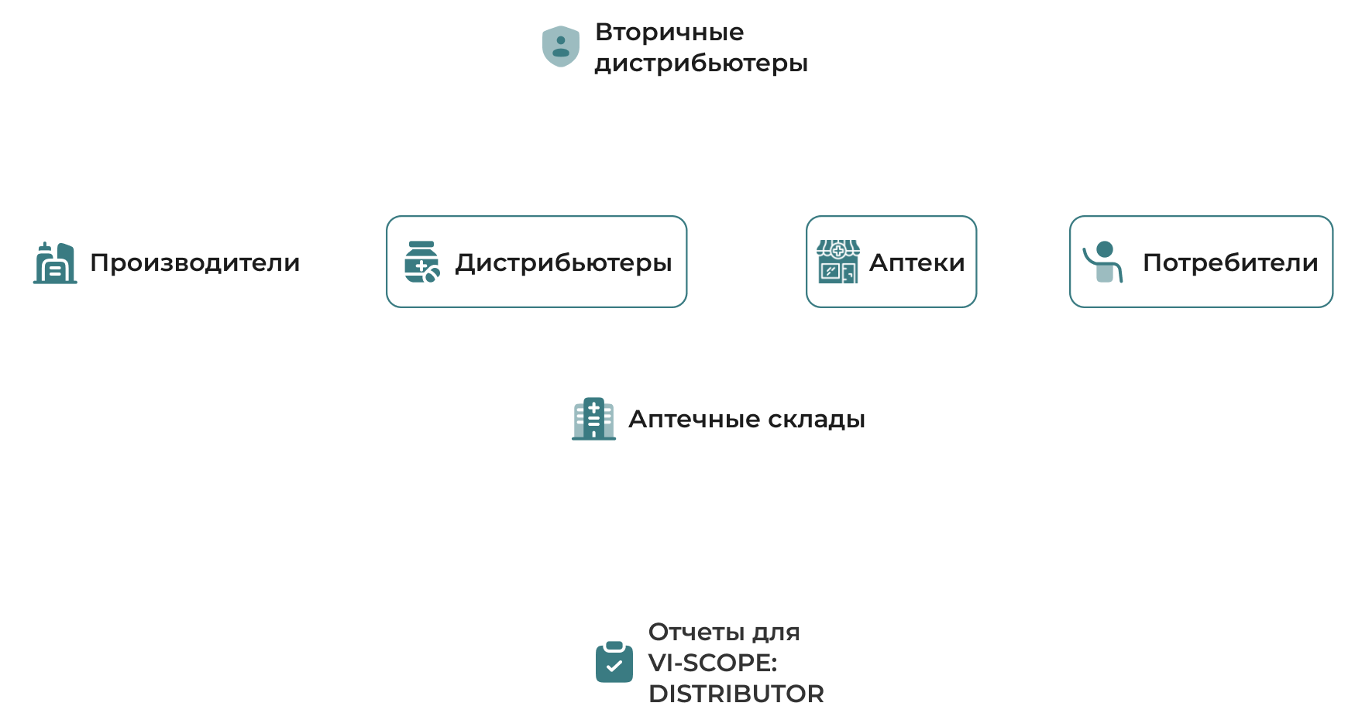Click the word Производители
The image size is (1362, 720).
click(x=194, y=262)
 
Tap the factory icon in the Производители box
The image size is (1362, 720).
click(x=55, y=263)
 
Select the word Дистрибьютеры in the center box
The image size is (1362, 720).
click(x=563, y=262)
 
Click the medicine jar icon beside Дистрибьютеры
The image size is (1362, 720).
click(x=421, y=262)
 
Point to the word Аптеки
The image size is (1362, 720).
click(x=917, y=262)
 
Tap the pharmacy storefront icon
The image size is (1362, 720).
click(x=837, y=262)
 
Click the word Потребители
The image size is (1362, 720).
click(x=1230, y=262)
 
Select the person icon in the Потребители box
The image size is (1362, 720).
click(x=1103, y=262)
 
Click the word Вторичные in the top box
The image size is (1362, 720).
click(x=669, y=32)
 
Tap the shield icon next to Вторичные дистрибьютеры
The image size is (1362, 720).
click(x=561, y=46)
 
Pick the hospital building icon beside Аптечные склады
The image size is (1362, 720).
click(x=593, y=419)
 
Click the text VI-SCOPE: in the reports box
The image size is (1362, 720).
click(x=712, y=663)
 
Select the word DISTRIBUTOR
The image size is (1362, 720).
click(x=736, y=694)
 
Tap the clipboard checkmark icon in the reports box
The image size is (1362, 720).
click(x=614, y=663)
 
